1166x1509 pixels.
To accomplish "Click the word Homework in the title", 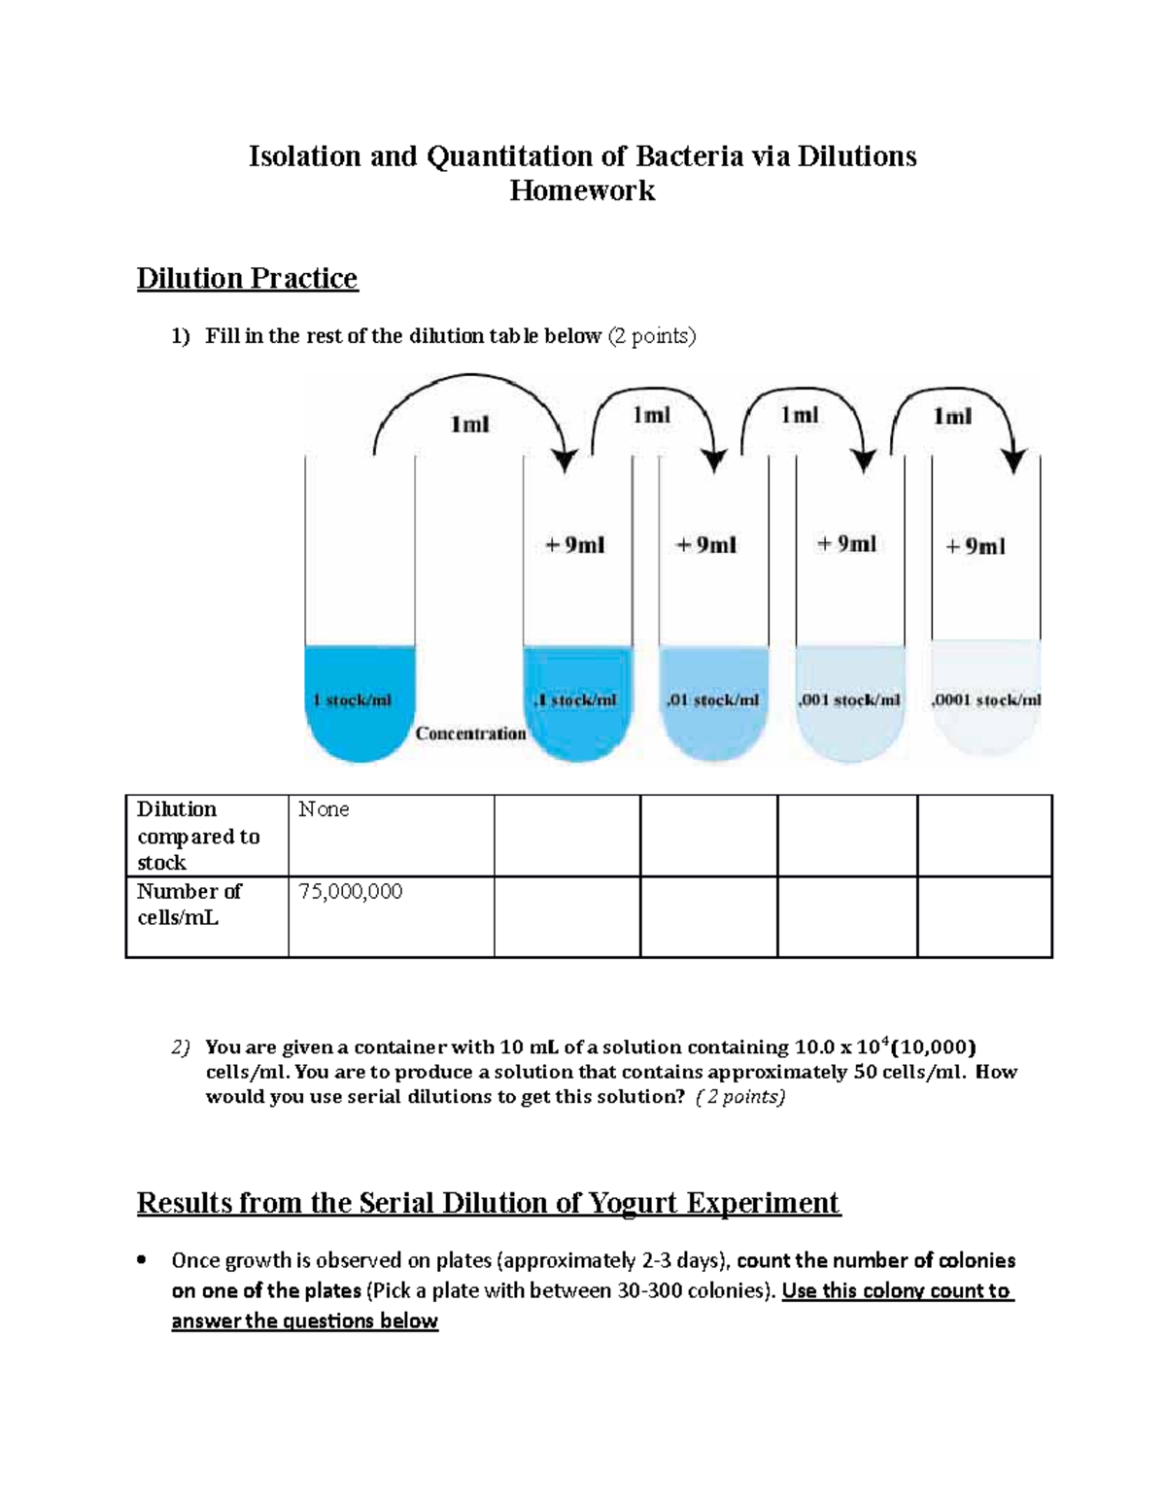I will click(582, 190).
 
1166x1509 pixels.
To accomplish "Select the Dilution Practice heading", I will click(247, 279).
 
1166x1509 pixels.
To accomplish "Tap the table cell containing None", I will click(324, 809).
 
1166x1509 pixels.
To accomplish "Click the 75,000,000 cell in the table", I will click(350, 891).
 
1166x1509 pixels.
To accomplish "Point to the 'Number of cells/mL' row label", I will click(189, 905).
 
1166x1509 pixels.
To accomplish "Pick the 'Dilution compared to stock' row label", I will click(198, 836).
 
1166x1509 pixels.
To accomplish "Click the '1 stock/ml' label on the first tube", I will click(352, 700).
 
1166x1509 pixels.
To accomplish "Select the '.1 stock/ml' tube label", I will click(575, 700).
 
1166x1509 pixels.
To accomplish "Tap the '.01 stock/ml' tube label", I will click(713, 700).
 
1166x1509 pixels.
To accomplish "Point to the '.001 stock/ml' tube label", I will click(848, 700).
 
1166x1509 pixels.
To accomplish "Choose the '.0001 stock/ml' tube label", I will click(985, 700).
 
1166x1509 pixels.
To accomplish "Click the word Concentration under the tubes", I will click(470, 734).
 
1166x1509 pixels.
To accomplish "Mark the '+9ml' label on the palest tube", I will click(976, 546).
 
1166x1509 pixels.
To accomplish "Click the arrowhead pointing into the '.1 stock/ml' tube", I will click(565, 461).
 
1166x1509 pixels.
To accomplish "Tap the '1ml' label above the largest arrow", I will click(470, 425).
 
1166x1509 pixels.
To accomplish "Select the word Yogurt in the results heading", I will click(618, 1203).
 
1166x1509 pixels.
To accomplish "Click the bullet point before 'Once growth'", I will click(143, 1261).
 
